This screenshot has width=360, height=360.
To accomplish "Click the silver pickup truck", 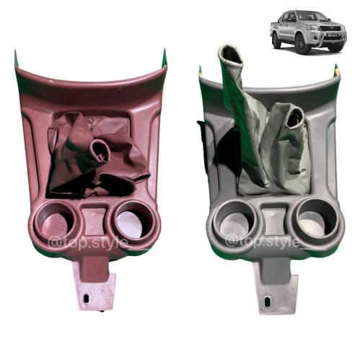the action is tap(308, 30).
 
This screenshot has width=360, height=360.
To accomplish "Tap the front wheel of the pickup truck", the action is tap(302, 43).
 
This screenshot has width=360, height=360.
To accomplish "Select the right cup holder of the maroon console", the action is tap(133, 220).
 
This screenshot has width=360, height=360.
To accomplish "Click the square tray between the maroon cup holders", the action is tap(94, 220).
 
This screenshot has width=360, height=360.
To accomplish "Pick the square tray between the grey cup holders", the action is tap(275, 219).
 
